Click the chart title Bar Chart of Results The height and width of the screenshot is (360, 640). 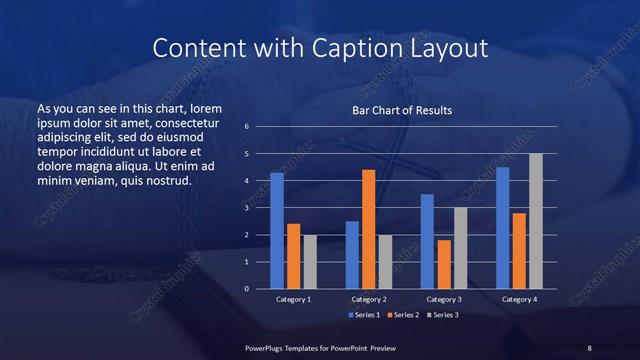point(401,110)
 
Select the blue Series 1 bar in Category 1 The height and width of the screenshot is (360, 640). point(277,231)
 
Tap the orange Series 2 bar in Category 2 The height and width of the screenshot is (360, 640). point(368,229)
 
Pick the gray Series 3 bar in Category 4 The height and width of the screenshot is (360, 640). point(536,221)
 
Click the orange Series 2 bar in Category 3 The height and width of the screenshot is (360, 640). point(444,264)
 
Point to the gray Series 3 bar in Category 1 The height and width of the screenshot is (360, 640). point(310,262)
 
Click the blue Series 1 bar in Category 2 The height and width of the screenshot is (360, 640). point(352,255)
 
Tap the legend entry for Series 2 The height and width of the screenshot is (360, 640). point(403,315)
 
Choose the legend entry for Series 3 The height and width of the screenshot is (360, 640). point(443,315)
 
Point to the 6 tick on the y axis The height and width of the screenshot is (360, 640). point(260,127)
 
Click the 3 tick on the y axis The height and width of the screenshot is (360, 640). point(260,208)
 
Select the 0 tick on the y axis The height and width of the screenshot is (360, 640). point(260,289)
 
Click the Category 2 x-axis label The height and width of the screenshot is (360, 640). point(368,299)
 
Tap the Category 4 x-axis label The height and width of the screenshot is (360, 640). point(519,299)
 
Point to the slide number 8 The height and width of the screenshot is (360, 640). point(589,347)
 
